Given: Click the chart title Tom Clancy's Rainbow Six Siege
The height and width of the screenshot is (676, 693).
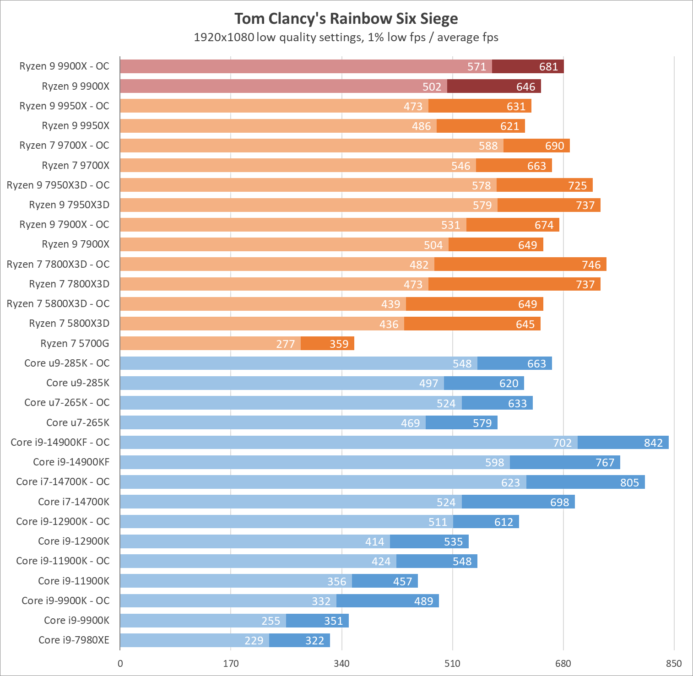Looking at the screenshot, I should click(x=346, y=19).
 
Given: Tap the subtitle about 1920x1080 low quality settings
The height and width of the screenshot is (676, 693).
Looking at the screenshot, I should click(x=346, y=38).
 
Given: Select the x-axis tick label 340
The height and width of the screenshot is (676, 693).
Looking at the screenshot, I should click(x=341, y=664).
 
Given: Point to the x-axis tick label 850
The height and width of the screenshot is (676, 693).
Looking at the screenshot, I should click(x=674, y=664).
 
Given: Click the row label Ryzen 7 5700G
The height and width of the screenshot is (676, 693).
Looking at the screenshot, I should click(x=75, y=344).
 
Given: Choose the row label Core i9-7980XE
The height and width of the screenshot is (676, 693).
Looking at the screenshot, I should click(x=74, y=640).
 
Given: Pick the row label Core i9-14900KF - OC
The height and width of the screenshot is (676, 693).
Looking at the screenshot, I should click(x=60, y=443).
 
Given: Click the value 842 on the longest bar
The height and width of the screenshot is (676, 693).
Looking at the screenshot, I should click(x=653, y=443).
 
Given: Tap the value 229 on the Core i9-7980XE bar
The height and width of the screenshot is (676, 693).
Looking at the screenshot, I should click(x=254, y=641).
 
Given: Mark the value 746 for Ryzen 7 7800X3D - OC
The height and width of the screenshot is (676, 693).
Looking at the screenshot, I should click(x=591, y=265).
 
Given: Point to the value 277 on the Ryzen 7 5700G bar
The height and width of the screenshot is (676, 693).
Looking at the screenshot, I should click(x=285, y=344).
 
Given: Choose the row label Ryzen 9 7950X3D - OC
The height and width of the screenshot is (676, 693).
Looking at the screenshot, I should click(x=58, y=185).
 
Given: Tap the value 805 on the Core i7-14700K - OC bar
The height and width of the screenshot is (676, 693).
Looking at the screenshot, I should click(x=629, y=483).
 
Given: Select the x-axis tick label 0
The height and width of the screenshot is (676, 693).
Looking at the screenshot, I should click(x=120, y=664).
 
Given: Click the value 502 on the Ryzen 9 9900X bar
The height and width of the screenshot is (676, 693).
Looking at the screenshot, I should click(x=432, y=87).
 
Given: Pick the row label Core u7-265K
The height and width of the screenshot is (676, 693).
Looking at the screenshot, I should click(x=78, y=423).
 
